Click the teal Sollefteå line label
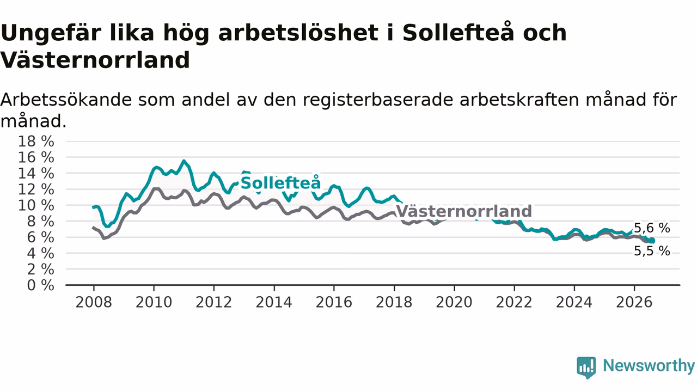[280, 182]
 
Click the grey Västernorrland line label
[464, 211]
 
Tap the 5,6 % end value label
[652, 228]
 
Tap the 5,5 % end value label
[652, 251]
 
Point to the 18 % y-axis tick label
[36, 141]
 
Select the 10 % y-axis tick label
[36, 205]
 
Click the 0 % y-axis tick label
[40, 285]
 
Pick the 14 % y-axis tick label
[36, 173]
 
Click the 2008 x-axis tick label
[94, 302]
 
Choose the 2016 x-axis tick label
[334, 302]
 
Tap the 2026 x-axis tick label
[634, 302]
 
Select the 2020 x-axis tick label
[454, 302]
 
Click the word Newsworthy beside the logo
[649, 365]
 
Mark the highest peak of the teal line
[184, 161]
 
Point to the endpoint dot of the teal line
[652, 241]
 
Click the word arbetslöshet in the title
[298, 33]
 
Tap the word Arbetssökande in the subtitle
[66, 100]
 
